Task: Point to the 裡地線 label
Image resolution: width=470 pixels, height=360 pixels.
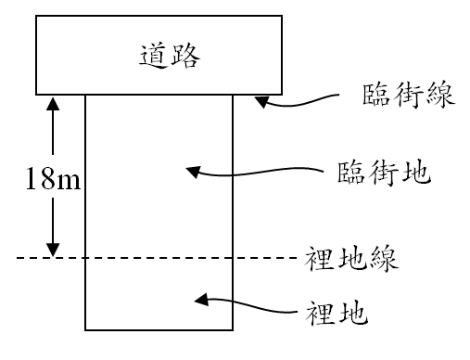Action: (x=351, y=258)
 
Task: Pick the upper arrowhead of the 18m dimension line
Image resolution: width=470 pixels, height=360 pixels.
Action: (x=54, y=102)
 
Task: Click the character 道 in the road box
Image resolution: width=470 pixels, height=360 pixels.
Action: (x=144, y=55)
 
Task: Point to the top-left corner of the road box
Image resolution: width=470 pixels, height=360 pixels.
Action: (x=35, y=16)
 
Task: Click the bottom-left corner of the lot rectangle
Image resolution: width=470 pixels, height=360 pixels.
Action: (x=86, y=330)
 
